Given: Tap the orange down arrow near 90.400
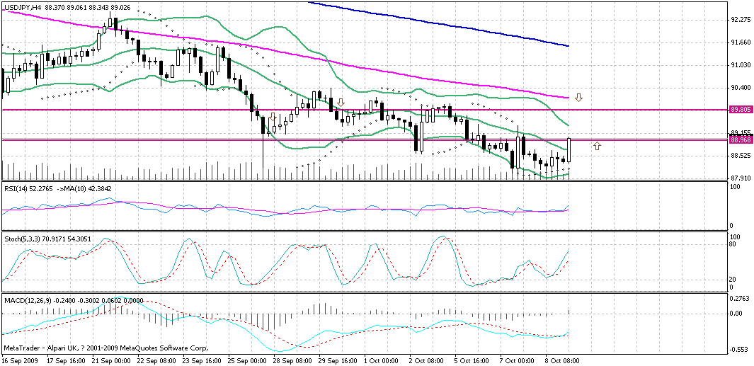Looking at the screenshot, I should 578,97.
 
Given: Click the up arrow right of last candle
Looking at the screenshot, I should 597,146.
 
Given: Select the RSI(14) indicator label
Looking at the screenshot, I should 17,188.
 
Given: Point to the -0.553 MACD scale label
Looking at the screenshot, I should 740,350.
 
